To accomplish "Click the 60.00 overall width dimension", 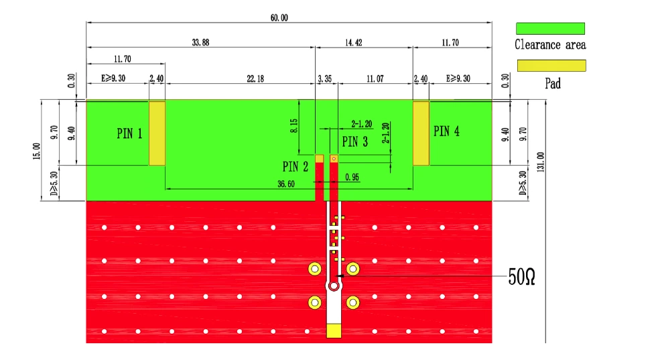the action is coord(279,17).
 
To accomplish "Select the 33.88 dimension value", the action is coord(200,42).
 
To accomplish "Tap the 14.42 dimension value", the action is coord(354,42).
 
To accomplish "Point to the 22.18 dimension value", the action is coord(255,78).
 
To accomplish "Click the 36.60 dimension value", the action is coord(285,184).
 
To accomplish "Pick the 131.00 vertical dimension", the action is coord(541,162).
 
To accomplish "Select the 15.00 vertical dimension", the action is coord(37,151).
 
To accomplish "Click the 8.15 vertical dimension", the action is coord(293,126).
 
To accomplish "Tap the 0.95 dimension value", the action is coord(352,177).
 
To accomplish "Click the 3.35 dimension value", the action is coord(325,78).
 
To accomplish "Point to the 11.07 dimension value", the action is coord(375,78).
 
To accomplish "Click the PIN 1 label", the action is coord(129,133).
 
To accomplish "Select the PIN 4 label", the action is coord(446,131).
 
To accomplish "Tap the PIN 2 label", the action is coord(296,167).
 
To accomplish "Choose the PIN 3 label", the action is coord(354,141).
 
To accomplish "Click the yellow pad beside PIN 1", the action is coord(157,133).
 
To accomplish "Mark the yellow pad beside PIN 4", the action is coord(421,133).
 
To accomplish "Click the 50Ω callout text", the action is coord(522,277).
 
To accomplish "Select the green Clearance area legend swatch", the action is coord(550,28).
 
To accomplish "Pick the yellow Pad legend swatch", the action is coord(551,66).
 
